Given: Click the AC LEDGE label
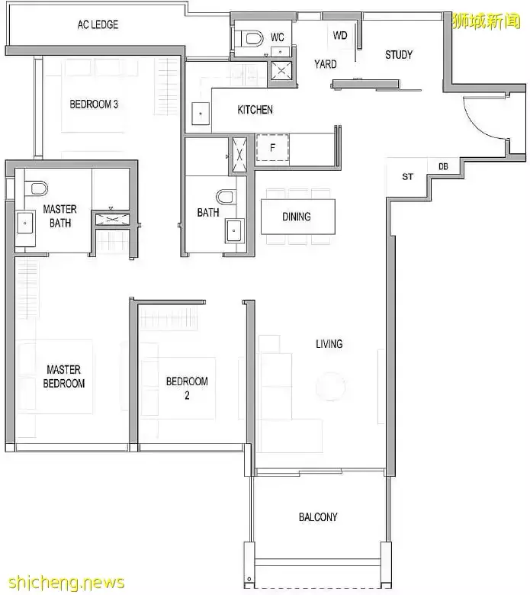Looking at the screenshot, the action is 98,24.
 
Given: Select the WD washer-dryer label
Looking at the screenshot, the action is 340,35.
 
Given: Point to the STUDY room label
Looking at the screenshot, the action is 399,55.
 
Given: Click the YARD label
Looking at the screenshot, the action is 325,64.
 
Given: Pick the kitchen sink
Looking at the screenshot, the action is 201,113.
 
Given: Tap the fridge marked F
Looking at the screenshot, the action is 272,148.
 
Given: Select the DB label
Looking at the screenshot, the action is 443,166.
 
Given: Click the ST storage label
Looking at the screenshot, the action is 407,176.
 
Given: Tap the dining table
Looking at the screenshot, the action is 298,217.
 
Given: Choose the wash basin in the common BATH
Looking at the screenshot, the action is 234,230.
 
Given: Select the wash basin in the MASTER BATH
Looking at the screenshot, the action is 25,223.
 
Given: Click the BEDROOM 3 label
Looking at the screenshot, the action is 94,104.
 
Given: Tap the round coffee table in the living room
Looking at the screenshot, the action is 330,387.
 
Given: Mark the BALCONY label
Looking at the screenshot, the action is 318,517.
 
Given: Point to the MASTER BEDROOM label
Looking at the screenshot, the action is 64,376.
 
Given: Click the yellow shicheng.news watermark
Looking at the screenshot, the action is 66,582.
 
